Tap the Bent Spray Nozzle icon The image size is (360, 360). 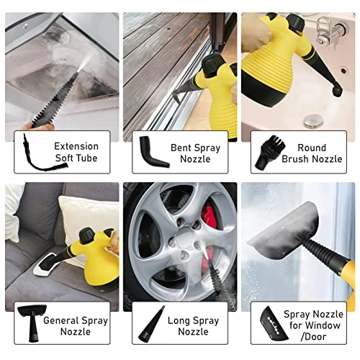pyautogui.click(x=153, y=151)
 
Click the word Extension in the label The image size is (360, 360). pyautogui.click(x=76, y=145)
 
